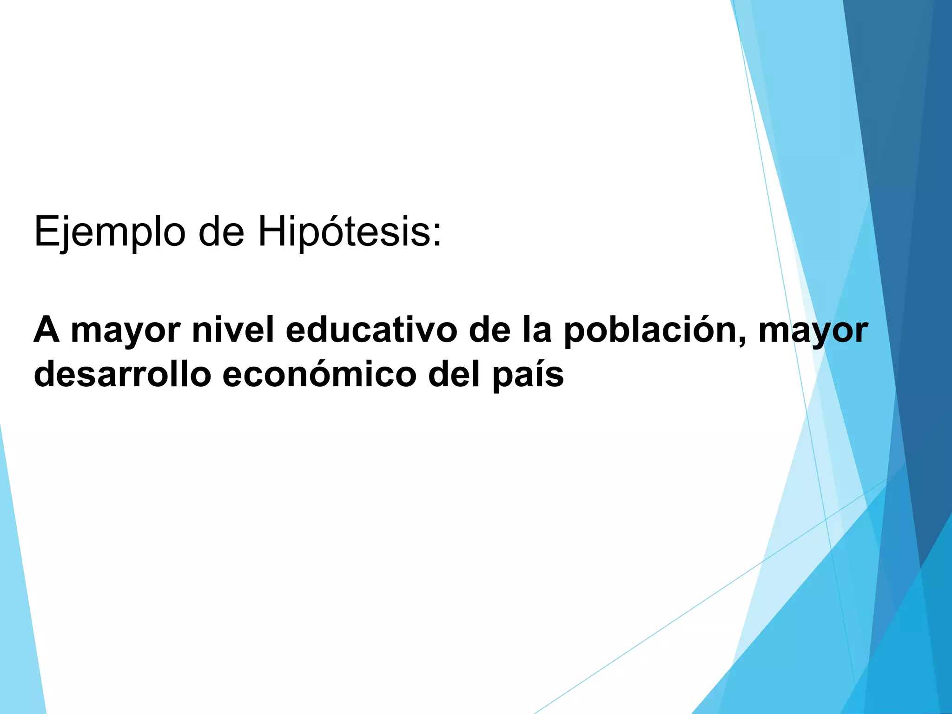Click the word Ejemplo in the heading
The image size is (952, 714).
pos(110,232)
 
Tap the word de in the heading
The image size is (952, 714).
pos(221,231)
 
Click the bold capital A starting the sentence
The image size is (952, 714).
pos(47,329)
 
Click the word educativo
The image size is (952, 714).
pos(371,329)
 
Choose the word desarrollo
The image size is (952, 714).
pos(123,374)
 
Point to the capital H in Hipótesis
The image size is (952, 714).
pos(270,231)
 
